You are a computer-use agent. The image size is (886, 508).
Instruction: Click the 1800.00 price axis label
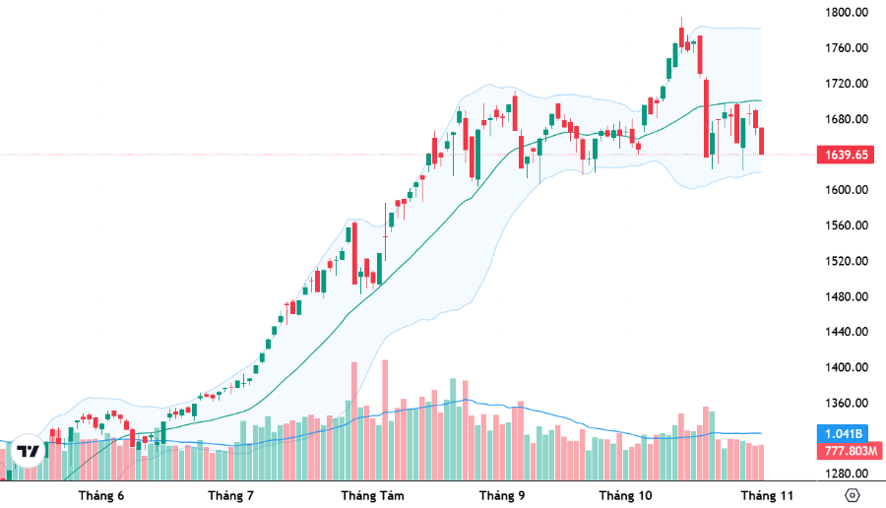[847, 13]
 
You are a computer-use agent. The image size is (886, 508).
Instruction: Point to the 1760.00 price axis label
[847, 48]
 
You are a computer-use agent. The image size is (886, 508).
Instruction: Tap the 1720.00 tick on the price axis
[847, 84]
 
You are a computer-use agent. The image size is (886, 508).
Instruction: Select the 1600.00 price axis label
[847, 190]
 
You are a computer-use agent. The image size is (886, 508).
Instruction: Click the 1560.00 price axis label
[847, 225]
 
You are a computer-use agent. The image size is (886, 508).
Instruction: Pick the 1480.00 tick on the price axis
[847, 296]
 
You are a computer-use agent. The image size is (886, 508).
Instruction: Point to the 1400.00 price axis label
[847, 367]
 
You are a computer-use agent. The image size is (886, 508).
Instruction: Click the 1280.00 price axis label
[847, 474]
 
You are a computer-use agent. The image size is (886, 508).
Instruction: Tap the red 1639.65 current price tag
[846, 155]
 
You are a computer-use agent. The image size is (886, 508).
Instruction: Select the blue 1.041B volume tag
[846, 434]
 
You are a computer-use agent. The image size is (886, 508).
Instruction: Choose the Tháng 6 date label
[101, 495]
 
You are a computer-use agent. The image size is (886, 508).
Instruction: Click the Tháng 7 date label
[231, 495]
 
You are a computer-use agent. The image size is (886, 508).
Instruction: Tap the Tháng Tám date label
[372, 495]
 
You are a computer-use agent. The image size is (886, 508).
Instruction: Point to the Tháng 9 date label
[501, 495]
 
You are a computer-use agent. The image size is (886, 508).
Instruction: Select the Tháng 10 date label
[626, 495]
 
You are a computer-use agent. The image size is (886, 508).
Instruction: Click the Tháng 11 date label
[768, 495]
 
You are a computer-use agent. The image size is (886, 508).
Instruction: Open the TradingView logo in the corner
[30, 451]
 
